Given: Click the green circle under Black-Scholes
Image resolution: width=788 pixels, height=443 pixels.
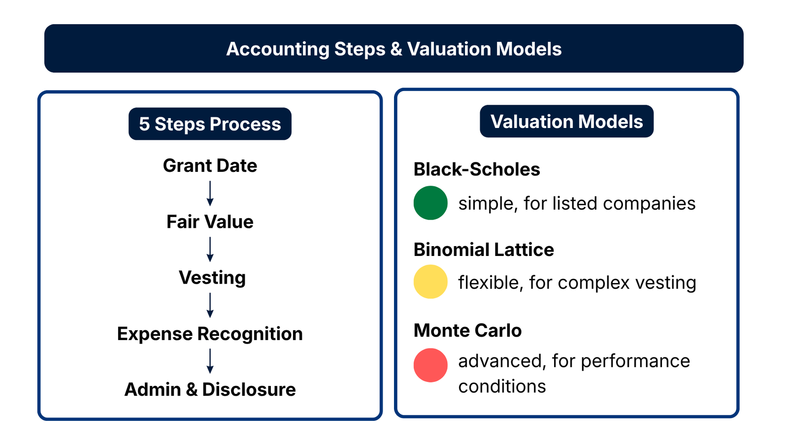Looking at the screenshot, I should point(430,203).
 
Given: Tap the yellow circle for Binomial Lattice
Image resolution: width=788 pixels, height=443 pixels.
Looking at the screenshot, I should point(430,282).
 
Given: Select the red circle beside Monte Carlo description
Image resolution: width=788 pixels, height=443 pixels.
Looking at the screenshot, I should point(430,365).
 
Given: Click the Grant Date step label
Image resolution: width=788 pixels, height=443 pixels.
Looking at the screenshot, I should point(210,166).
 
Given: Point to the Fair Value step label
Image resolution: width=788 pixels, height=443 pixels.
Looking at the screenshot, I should point(210,222).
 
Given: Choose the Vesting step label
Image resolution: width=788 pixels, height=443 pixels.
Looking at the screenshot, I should point(212,278).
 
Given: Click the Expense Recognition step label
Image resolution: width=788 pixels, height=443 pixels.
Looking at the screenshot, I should point(210,334).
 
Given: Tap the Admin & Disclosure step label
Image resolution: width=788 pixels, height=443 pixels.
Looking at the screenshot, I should point(210,389).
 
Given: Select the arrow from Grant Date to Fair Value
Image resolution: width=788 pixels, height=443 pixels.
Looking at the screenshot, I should point(210,193).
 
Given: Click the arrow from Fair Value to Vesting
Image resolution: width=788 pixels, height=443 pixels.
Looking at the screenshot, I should point(210,250).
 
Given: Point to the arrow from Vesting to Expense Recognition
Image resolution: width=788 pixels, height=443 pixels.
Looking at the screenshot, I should point(210,305).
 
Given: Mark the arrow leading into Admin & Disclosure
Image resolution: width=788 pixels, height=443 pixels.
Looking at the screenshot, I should point(210,361).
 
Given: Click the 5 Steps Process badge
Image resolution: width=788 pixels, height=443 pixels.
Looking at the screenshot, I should point(210,124).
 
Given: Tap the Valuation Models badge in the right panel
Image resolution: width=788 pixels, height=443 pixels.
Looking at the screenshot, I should point(566,122).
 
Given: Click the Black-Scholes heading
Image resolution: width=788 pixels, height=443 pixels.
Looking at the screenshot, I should point(477,169).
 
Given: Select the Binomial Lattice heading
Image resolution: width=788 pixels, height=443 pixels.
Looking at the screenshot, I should point(484,250).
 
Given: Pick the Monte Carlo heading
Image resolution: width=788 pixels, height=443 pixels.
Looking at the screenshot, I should point(467,330).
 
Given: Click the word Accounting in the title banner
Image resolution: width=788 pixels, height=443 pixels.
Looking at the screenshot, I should point(278,49).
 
